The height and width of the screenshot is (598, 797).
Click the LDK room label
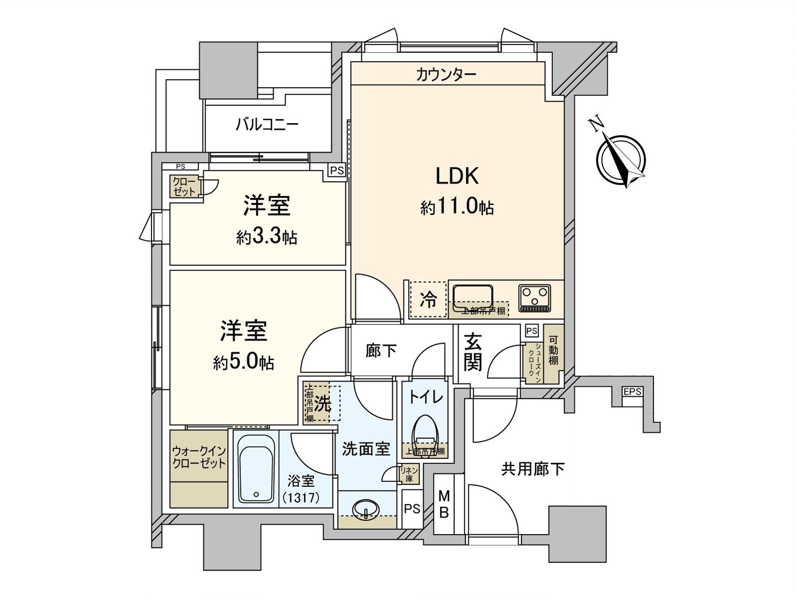(457, 176)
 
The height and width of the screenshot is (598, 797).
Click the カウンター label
(446, 75)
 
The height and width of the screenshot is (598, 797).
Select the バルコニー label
(267, 124)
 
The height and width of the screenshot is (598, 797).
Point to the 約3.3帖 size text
(266, 238)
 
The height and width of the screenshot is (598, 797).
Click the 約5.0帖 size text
(244, 362)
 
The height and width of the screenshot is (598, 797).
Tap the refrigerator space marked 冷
(428, 299)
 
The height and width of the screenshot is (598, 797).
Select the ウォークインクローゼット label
(199, 457)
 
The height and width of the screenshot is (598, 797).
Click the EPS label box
(632, 392)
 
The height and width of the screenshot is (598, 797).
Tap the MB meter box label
(444, 504)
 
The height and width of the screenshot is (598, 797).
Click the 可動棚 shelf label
(553, 351)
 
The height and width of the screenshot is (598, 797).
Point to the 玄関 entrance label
(473, 352)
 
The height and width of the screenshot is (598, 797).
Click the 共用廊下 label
(532, 469)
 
